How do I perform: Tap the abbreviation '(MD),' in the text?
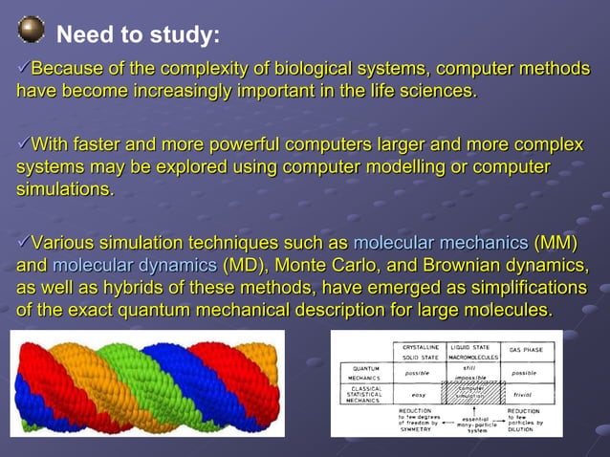[x=251, y=265]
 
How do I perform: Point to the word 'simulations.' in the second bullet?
[x=64, y=190]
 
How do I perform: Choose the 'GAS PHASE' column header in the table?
[x=527, y=349]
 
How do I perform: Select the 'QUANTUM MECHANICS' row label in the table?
[x=366, y=373]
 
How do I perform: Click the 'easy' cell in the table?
[x=414, y=394]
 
